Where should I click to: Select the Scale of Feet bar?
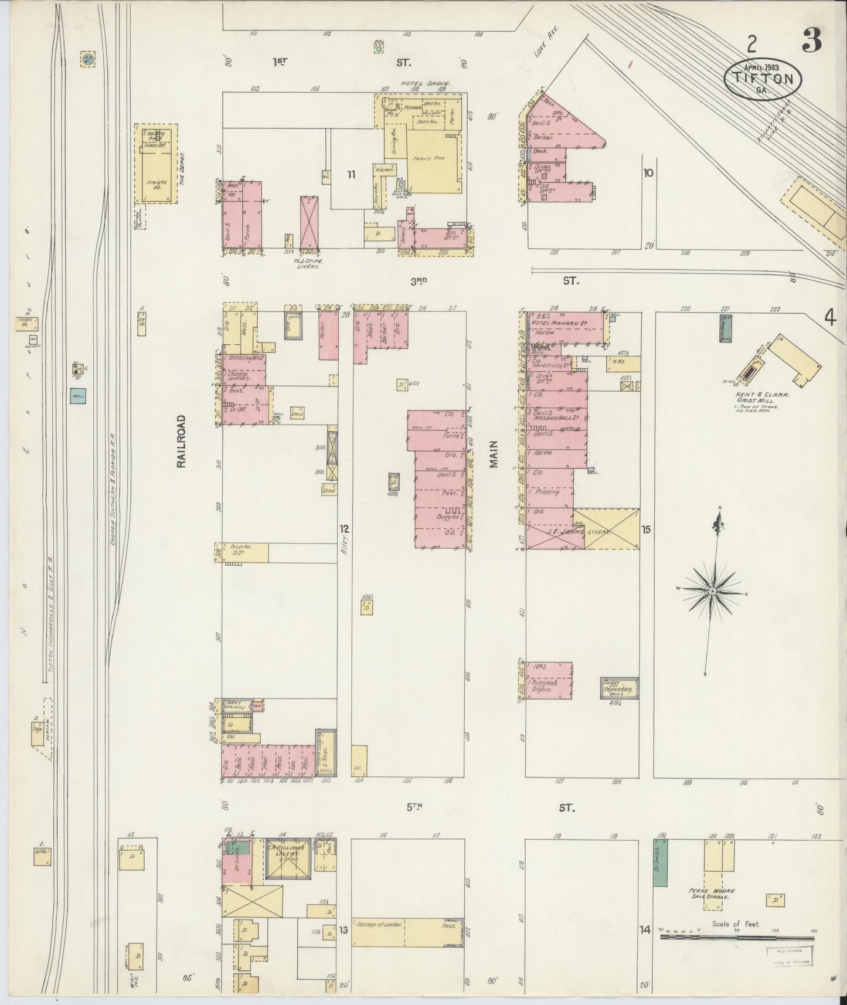coord(736,936)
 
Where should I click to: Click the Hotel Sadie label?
coord(425,84)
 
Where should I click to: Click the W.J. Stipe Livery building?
coord(309,223)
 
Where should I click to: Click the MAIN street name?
coord(494,454)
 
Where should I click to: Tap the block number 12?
coord(344,528)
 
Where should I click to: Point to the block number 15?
coord(646,529)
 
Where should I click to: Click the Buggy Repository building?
coord(619,688)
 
